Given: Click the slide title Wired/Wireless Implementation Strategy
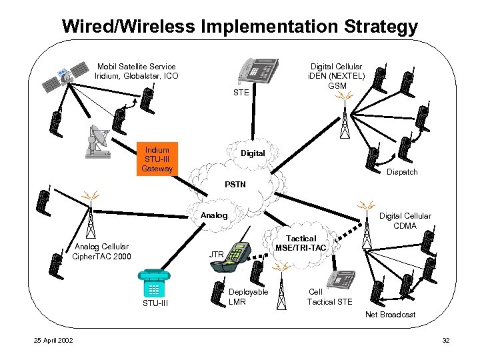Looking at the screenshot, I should [240, 27].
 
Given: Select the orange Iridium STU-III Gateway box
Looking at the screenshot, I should [157, 159].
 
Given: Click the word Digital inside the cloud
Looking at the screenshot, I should [253, 153].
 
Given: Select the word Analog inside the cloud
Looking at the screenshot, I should [214, 215].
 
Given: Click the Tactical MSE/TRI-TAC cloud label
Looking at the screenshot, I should [301, 243].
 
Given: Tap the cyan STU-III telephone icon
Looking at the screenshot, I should [154, 283].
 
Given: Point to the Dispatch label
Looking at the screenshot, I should [402, 172].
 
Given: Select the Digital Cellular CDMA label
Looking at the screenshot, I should [405, 221].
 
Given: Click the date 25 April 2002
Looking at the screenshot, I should [53, 341].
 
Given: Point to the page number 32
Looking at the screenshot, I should [445, 341].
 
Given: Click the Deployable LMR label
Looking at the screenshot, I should [248, 297].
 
